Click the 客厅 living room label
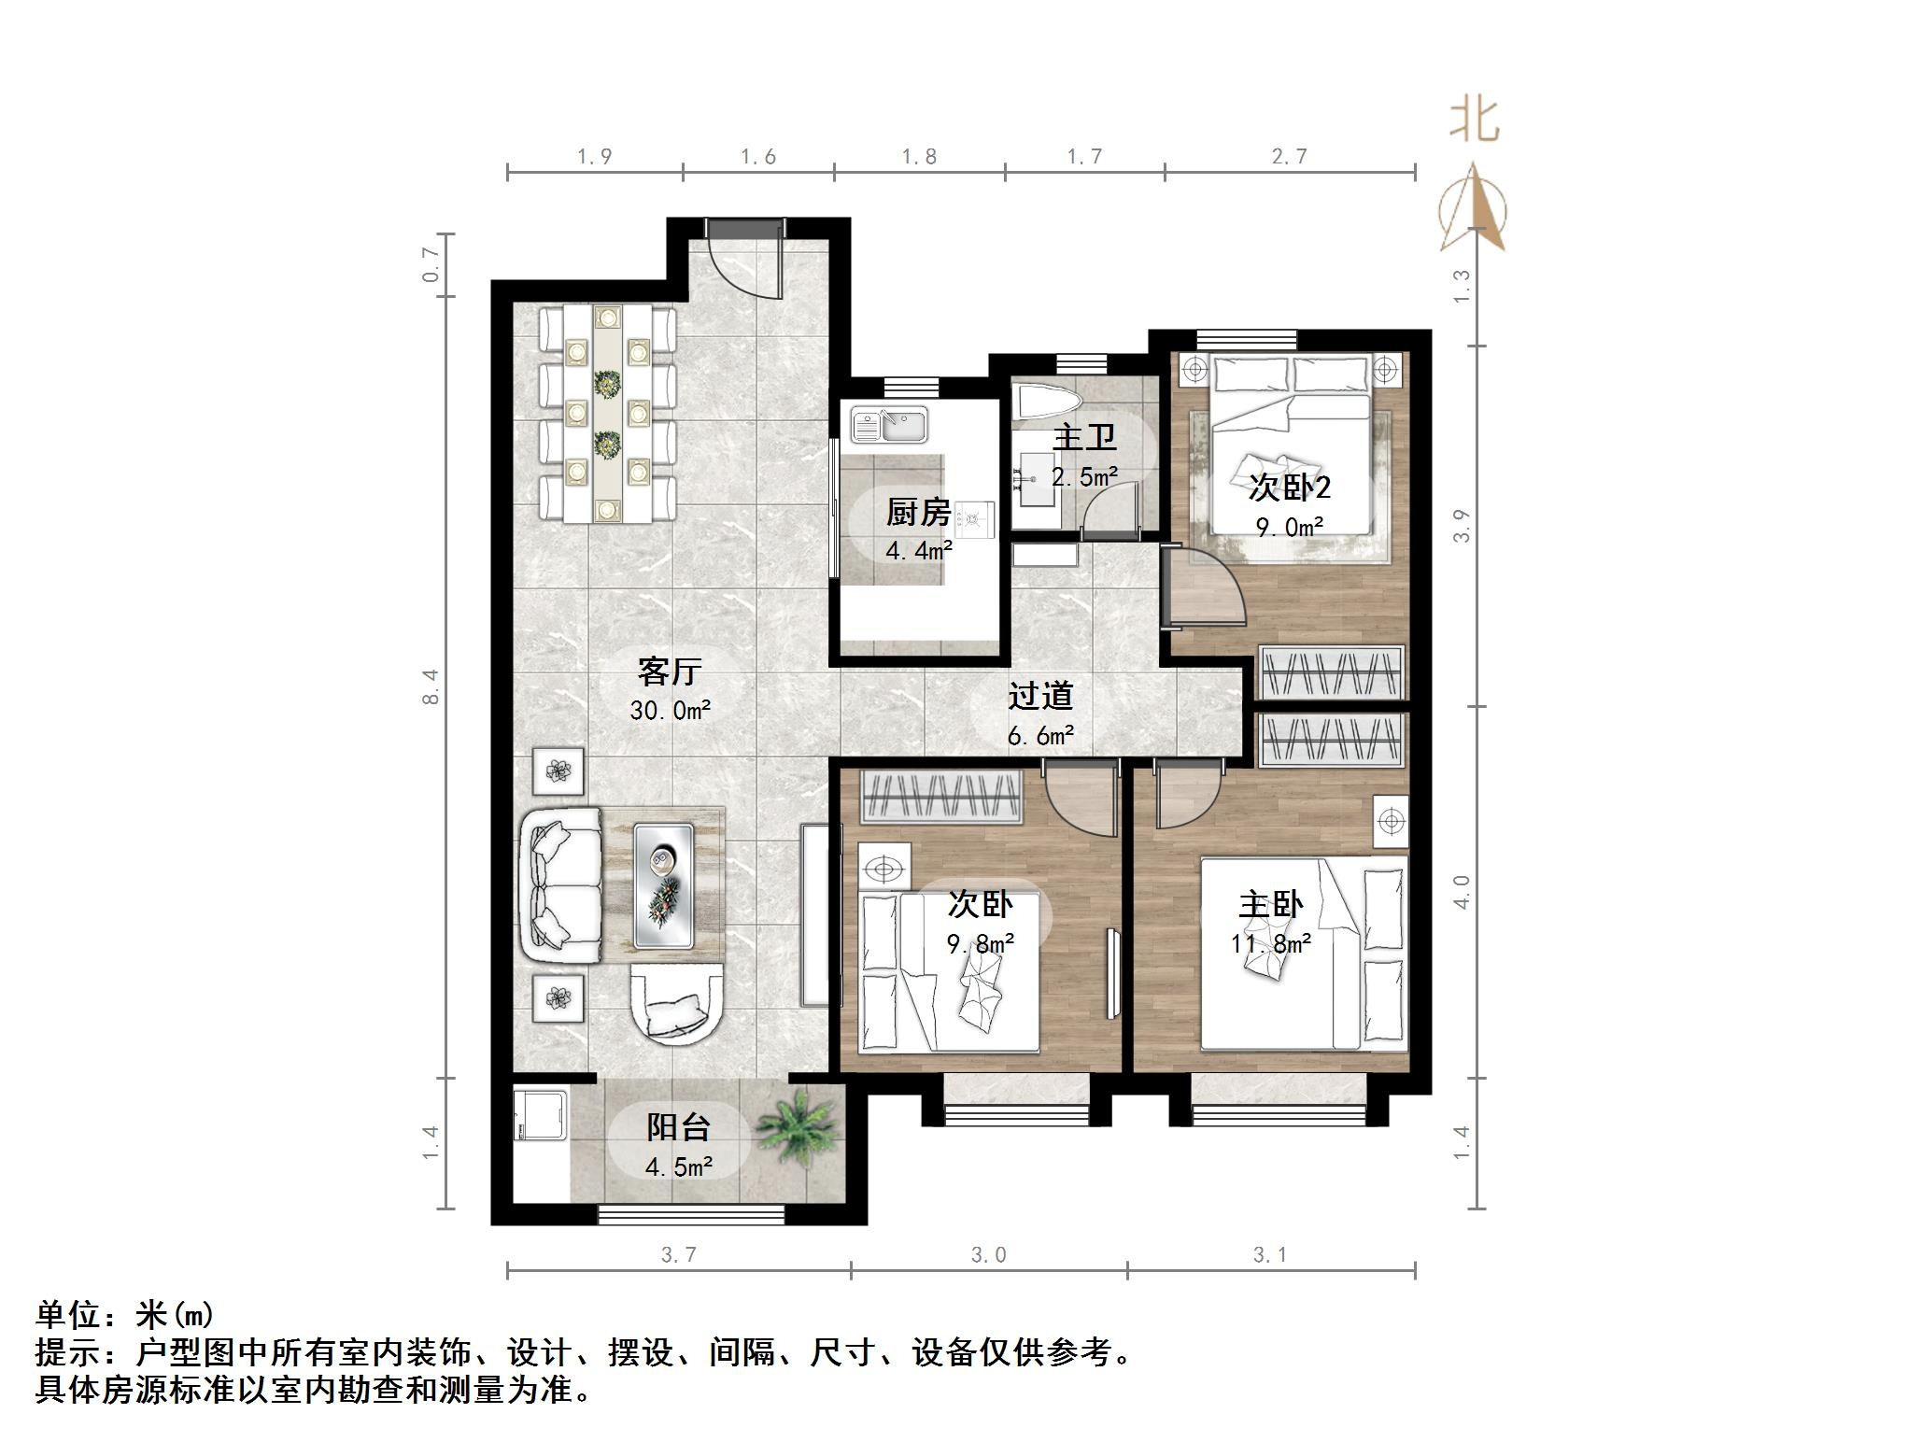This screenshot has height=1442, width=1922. point(669,671)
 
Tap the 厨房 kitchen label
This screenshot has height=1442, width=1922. point(918,512)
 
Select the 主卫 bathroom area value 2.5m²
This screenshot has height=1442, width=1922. point(1084,477)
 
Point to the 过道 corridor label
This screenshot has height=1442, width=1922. point(1040,696)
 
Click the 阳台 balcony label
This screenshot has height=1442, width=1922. point(678,1127)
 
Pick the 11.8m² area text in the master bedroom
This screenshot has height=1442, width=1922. point(1270,943)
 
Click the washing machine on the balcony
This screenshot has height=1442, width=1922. point(539,1115)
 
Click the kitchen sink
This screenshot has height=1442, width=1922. point(888,425)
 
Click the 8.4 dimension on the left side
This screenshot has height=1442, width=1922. point(431,686)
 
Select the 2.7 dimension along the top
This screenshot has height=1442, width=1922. point(1289,157)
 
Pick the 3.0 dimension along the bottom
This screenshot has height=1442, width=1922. point(988,1254)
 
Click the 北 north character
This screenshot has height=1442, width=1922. point(1474,121)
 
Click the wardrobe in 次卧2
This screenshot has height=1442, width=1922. point(1331,672)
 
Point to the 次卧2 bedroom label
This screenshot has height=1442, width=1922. point(1289,487)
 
